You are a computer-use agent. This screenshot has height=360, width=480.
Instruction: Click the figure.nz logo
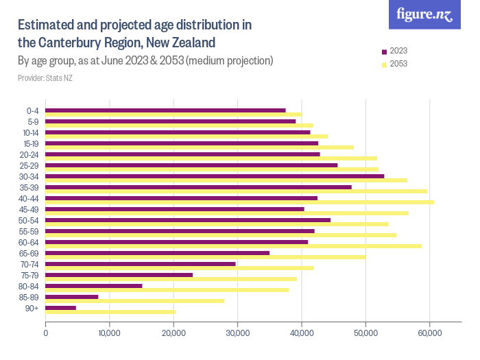click(424, 14)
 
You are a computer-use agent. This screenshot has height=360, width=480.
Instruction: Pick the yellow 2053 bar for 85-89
click(134, 301)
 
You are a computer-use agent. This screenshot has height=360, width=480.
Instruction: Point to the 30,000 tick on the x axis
click(237, 333)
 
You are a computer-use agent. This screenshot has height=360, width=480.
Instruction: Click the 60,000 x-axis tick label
click(429, 333)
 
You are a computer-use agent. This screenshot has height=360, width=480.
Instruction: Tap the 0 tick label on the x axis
click(46, 333)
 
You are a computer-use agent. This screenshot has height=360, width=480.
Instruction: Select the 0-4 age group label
click(32, 111)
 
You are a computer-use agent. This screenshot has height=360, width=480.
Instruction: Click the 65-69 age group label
click(29, 254)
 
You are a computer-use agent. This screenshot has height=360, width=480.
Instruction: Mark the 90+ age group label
click(32, 309)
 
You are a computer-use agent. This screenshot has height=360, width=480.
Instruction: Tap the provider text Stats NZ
click(60, 78)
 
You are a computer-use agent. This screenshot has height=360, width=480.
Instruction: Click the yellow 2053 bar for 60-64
click(233, 246)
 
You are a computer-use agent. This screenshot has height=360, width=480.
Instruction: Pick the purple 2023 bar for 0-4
click(165, 110)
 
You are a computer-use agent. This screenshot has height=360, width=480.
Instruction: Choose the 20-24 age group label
click(29, 155)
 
